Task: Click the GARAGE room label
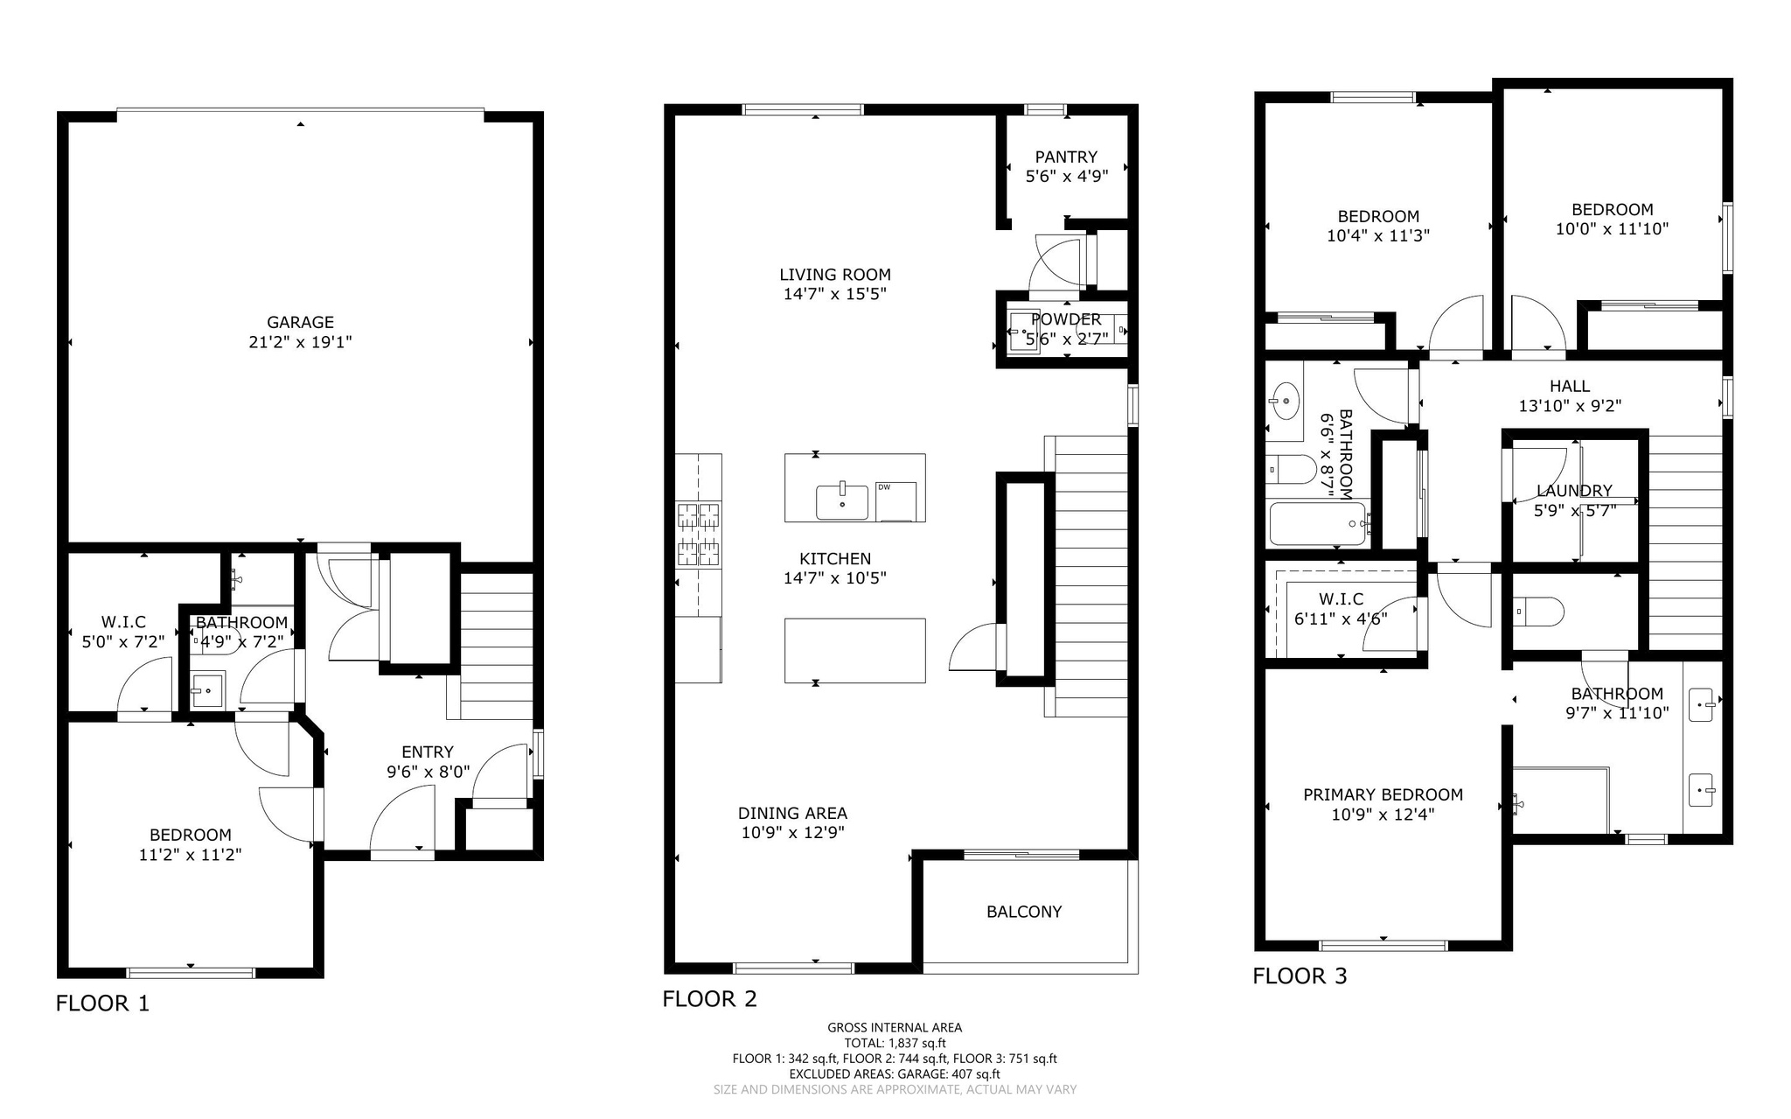click(300, 322)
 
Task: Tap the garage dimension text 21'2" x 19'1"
click(300, 342)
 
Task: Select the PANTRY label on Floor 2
click(1066, 157)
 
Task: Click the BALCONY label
click(1024, 912)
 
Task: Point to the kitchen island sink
click(841, 502)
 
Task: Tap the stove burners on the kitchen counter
click(698, 533)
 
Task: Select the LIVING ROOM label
click(835, 274)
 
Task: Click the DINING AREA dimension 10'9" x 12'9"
click(792, 833)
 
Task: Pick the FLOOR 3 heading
click(1300, 976)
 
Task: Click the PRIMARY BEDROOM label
click(1383, 794)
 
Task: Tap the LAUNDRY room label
click(1574, 491)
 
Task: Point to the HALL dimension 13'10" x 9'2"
click(1570, 406)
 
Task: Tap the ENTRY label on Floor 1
click(428, 752)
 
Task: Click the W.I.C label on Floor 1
click(123, 622)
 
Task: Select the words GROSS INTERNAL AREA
click(895, 1027)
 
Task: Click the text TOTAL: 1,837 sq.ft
click(895, 1043)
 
